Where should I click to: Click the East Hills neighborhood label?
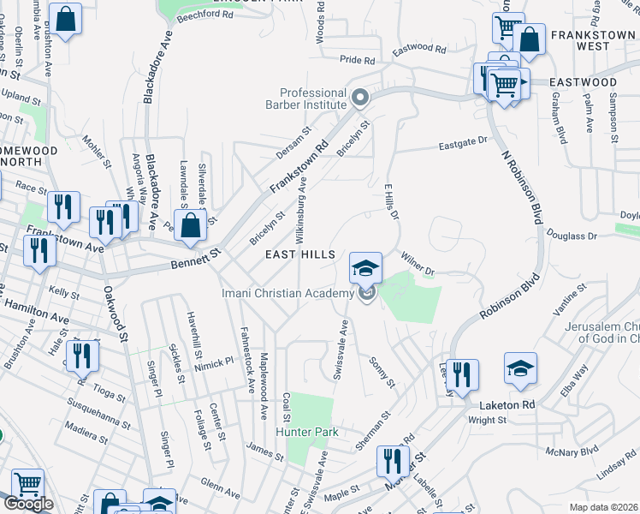pos(294,255)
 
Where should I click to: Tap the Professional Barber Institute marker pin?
pos(360,99)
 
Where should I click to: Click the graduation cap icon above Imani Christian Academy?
pos(365,269)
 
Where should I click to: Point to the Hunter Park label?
pos(304,433)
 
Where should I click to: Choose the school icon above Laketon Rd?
pos(520,368)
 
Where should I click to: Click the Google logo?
pos(27,504)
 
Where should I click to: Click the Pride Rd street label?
pos(358,61)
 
